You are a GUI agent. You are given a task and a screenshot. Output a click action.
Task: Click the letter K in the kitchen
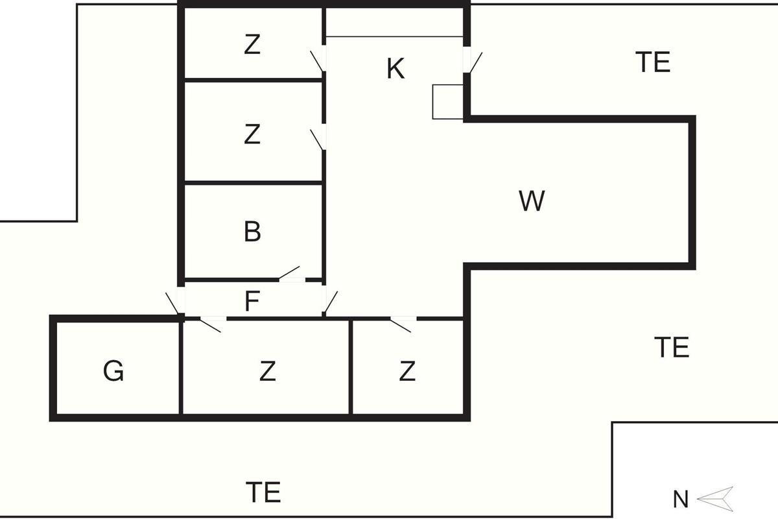pyautogui.click(x=395, y=69)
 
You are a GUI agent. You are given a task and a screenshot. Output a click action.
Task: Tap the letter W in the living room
pyautogui.click(x=532, y=201)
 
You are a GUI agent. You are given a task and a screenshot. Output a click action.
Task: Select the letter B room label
pyautogui.click(x=252, y=232)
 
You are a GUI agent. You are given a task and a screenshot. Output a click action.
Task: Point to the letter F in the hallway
pyautogui.click(x=252, y=301)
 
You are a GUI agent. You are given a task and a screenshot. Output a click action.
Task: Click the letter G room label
pyautogui.click(x=113, y=372)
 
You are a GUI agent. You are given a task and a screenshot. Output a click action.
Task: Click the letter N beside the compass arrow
pyautogui.click(x=680, y=500)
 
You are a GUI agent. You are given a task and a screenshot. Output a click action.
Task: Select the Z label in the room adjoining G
pyautogui.click(x=267, y=372)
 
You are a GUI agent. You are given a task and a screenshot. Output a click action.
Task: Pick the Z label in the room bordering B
pyautogui.click(x=252, y=135)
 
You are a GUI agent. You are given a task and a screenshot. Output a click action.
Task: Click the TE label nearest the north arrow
pyautogui.click(x=671, y=348)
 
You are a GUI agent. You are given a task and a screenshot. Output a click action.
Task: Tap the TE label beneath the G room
pyautogui.click(x=263, y=492)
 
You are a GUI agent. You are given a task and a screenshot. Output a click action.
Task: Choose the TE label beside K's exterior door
pyautogui.click(x=653, y=62)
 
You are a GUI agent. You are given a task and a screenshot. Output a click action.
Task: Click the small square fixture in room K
pyautogui.click(x=448, y=101)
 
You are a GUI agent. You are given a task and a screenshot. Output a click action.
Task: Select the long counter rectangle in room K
pyautogui.click(x=394, y=21)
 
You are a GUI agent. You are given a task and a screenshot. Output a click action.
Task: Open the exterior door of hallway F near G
pyautogui.click(x=175, y=303)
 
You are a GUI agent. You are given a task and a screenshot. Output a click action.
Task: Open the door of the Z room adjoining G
pyautogui.click(x=211, y=323)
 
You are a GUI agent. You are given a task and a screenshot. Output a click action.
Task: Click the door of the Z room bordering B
pyautogui.click(x=318, y=138)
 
